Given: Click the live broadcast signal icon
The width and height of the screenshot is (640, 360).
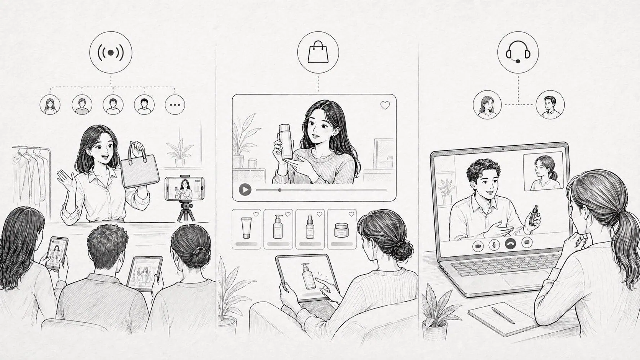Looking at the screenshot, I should (111, 53).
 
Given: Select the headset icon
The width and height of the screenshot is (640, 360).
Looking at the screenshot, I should (518, 53).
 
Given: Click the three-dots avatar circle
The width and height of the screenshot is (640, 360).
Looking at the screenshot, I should (175, 104).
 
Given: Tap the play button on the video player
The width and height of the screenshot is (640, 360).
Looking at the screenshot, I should (245, 189).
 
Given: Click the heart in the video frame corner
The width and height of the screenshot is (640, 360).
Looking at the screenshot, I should (385, 106).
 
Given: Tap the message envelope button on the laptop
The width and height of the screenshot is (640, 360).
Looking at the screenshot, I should (527, 242).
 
